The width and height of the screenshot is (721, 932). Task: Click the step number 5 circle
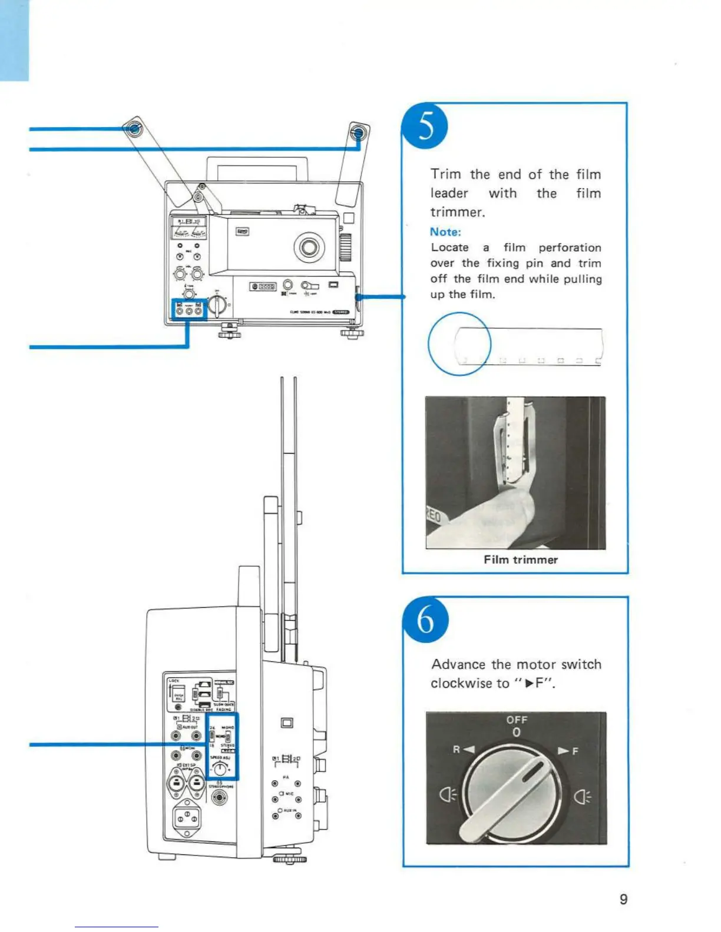(425, 127)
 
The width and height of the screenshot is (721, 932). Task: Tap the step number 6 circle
(425, 621)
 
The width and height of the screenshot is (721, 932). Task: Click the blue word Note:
(445, 232)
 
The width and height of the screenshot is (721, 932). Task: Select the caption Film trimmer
(521, 560)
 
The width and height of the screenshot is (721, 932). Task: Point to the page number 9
(624, 899)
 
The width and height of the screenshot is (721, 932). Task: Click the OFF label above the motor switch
(517, 720)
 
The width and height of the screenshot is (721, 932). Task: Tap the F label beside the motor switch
(575, 751)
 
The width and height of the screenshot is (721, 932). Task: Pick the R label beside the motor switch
(456, 750)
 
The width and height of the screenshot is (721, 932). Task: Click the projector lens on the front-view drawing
(309, 247)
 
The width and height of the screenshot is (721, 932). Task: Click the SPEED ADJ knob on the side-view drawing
(220, 768)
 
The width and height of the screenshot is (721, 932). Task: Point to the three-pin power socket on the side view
(186, 818)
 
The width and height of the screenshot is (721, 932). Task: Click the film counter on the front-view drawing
(263, 287)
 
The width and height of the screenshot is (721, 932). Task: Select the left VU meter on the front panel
(180, 232)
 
